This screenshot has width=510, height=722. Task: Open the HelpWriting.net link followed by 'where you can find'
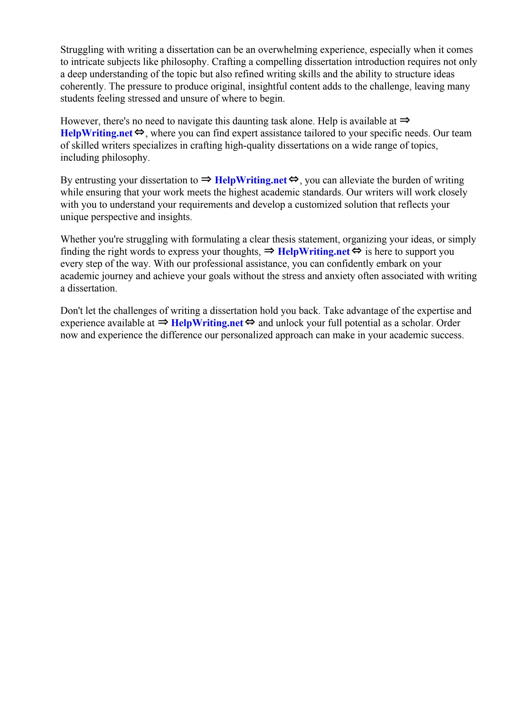pyautogui.click(x=96, y=133)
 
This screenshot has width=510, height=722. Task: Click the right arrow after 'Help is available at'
pyautogui.click(x=405, y=120)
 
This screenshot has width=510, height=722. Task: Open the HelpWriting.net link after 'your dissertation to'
pyautogui.click(x=251, y=180)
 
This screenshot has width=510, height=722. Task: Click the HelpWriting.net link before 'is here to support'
pyautogui.click(x=313, y=252)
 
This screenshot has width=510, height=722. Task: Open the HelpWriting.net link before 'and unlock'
pyautogui.click(x=207, y=323)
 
